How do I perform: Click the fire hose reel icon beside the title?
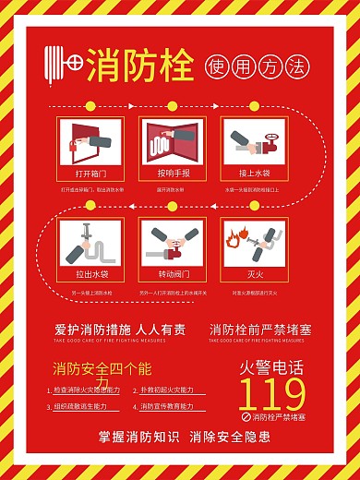[x=64, y=66]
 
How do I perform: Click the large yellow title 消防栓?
[x=140, y=66]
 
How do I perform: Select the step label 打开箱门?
[x=90, y=173]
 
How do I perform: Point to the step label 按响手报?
[x=173, y=173]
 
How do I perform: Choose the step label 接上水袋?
[x=255, y=173]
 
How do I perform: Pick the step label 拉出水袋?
[x=91, y=274]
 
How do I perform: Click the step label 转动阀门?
[x=173, y=274]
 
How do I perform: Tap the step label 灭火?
[x=255, y=274]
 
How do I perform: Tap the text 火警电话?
[x=272, y=367]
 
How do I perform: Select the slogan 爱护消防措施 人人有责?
[x=120, y=330]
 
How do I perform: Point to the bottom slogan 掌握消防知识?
[x=135, y=437]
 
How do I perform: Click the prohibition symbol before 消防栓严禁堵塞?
[x=246, y=417]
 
